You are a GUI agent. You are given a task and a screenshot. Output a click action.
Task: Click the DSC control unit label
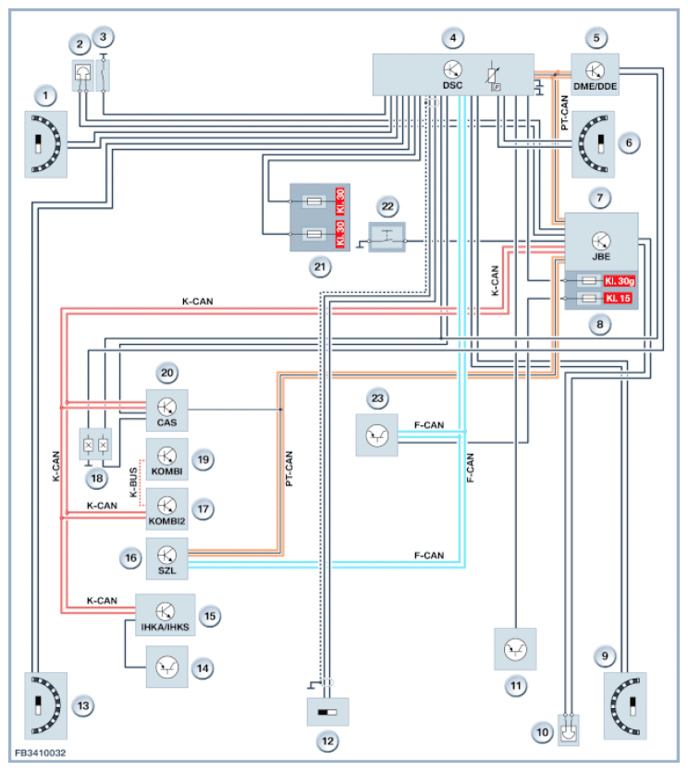point(452,85)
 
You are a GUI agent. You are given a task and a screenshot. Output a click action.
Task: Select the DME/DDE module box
point(600,74)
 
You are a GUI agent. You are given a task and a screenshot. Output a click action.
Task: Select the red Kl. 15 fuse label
point(615,300)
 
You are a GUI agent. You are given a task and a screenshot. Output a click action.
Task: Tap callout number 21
point(321,267)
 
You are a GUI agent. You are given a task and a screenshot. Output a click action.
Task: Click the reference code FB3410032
point(40,754)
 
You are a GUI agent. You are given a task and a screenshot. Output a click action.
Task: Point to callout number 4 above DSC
point(452,38)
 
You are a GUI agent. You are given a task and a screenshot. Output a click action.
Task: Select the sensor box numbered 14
point(167,665)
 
